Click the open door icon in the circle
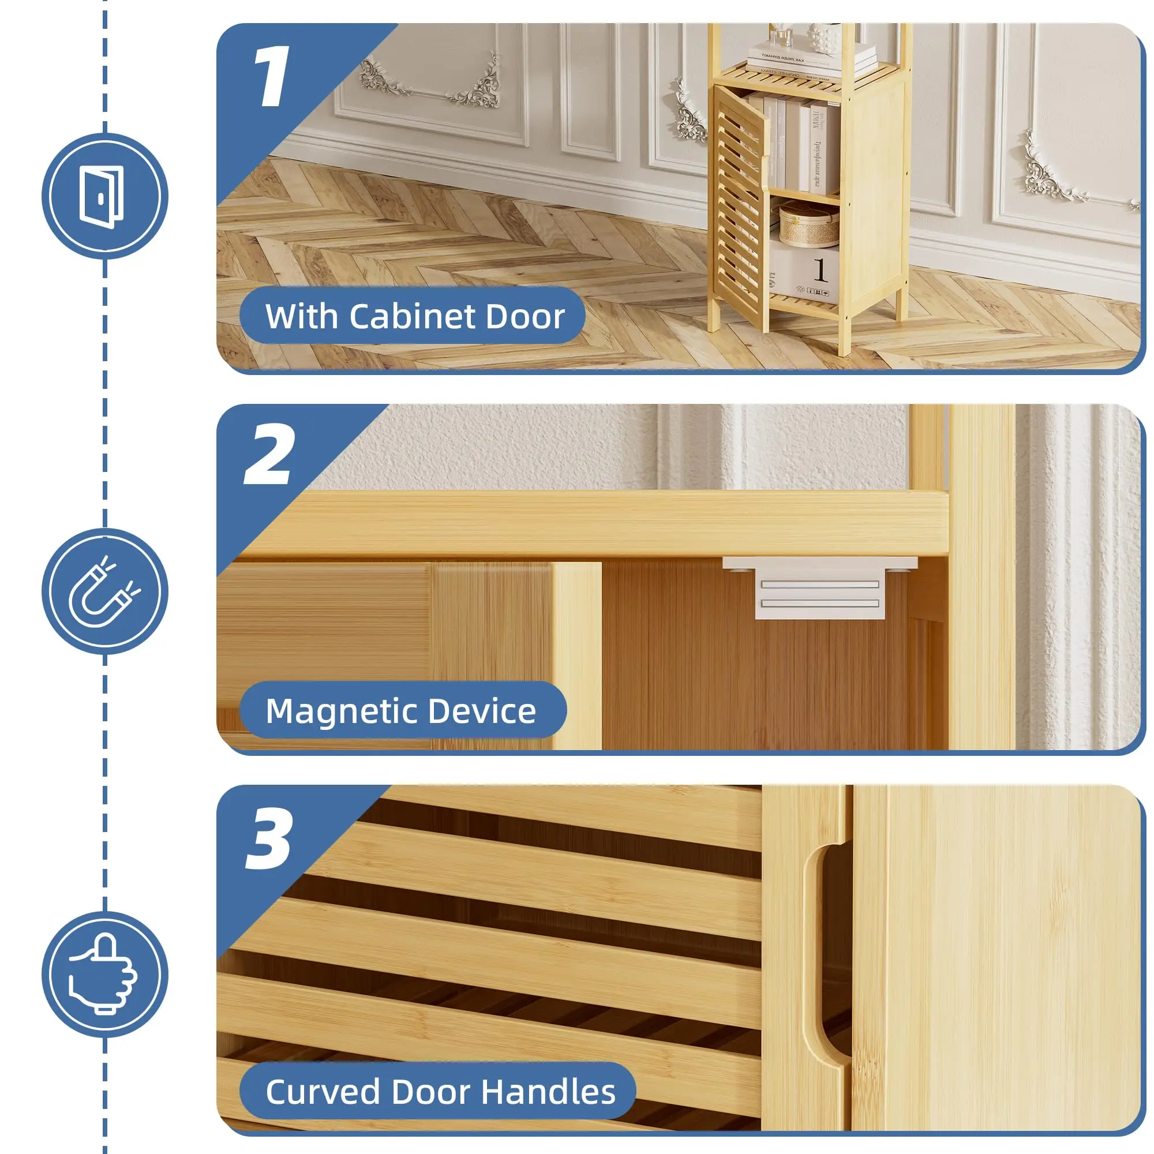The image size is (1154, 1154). pos(102,197)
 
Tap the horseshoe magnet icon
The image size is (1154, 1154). pos(103,591)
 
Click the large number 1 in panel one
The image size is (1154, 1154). pos(272,77)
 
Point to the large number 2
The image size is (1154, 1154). pos(269,455)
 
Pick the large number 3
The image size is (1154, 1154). pos(270,838)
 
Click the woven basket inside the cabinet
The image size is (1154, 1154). pos(809,224)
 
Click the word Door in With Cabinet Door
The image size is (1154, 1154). pos(525,316)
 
